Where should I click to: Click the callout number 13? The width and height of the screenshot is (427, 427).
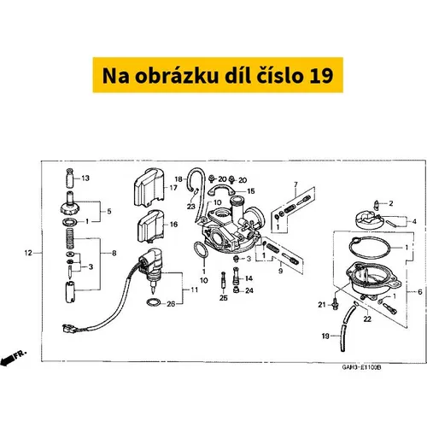[x=85, y=178]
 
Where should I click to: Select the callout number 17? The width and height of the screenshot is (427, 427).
[x=173, y=188]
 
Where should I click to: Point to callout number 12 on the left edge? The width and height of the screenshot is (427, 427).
[x=28, y=253]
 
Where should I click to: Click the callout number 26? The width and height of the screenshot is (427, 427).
[x=171, y=304]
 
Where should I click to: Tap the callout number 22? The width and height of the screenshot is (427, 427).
[x=367, y=319]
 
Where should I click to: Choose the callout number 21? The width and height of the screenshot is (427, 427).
[x=322, y=305]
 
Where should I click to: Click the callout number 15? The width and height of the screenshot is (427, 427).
[x=251, y=191]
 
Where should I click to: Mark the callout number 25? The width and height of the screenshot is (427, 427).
[x=224, y=298]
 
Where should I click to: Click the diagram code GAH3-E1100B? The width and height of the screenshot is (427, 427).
[x=361, y=367]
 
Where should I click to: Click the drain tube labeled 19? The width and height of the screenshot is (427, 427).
[x=348, y=327]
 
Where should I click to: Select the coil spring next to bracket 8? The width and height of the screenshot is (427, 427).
[x=70, y=238]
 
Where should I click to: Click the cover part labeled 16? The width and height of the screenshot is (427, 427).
[x=149, y=226]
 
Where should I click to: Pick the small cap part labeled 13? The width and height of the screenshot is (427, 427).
[x=70, y=178]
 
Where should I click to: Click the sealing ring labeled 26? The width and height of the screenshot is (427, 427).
[x=154, y=302]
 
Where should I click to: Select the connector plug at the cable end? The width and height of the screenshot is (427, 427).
[x=69, y=329]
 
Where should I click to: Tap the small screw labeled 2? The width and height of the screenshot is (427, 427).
[x=377, y=205]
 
